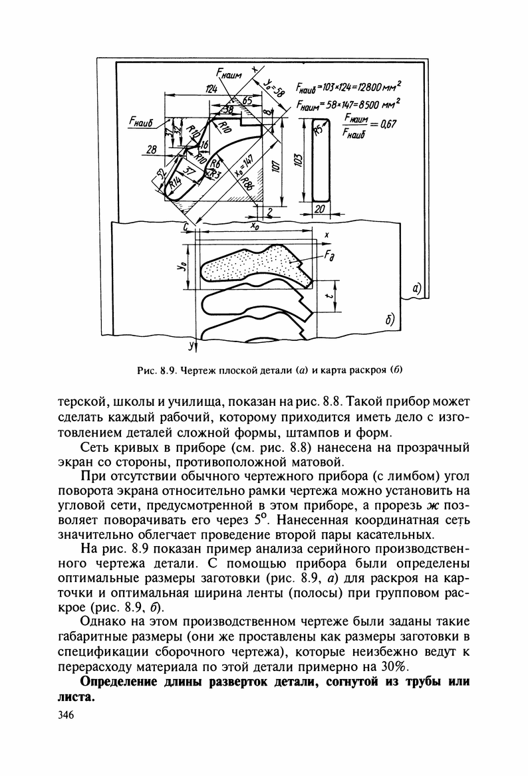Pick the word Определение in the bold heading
(x=122, y=683)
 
